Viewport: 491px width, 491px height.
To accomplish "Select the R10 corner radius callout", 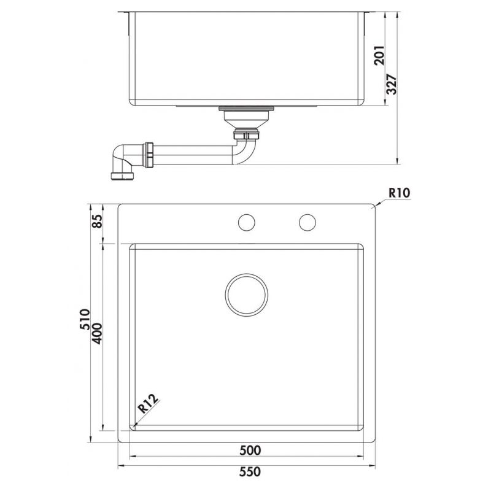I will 399,193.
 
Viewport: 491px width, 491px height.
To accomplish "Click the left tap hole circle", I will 247,223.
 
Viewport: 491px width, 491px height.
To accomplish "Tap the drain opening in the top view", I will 246,295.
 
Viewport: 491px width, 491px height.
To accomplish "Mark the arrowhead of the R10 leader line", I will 375,206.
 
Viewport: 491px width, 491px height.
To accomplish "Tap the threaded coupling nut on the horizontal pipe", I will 149,155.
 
